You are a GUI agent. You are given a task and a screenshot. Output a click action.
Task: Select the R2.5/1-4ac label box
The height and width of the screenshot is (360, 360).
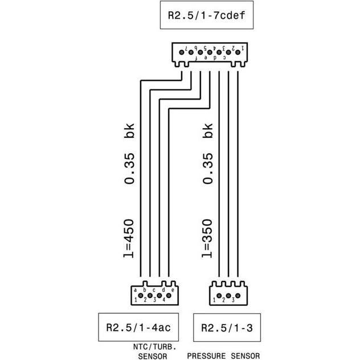134,328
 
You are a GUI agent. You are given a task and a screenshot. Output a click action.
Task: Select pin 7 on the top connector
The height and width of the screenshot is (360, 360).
182,51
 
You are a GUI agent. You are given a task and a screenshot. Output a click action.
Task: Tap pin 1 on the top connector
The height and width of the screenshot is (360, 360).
238,51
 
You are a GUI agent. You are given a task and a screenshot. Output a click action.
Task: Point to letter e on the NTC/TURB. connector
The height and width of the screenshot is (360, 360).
172,290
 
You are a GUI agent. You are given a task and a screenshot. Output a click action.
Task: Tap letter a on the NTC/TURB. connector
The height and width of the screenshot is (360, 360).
135,290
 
